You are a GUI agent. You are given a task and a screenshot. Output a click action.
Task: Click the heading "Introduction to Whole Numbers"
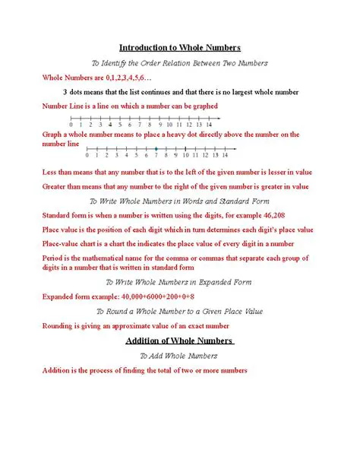[x=180, y=47]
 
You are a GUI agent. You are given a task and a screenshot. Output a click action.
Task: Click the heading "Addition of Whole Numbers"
[x=179, y=340]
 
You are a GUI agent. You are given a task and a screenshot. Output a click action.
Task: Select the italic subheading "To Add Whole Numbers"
[x=179, y=355]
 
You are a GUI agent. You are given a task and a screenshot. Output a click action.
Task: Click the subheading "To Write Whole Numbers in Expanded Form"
[x=180, y=281]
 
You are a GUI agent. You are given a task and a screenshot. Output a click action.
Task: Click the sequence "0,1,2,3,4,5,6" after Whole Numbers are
[x=128, y=78]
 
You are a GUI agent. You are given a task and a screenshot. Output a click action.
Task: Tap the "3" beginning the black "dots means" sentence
[x=66, y=92]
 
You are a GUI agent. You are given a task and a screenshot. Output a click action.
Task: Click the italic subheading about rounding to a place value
[x=179, y=311]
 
